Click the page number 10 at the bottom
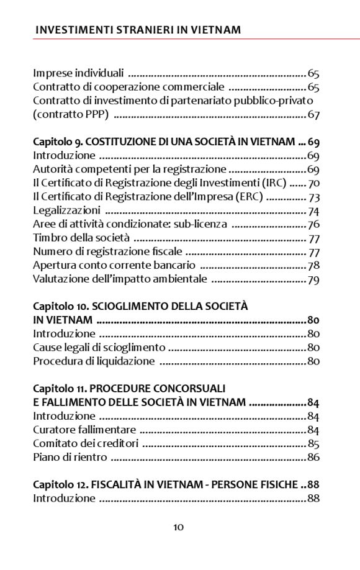tap(179, 527)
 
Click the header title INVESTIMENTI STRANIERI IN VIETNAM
tap(138, 29)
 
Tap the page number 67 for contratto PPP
tap(313, 115)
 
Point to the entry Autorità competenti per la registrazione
tap(129, 169)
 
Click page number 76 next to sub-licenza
tap(313, 224)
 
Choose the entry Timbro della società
tap(81, 238)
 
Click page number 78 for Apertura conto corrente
tap(313, 265)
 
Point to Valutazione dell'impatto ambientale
tap(120, 279)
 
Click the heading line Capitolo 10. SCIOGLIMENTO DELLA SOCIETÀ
tap(140, 306)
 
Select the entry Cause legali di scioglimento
tap(99, 347)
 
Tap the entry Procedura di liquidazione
tap(94, 361)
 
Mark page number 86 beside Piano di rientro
tap(313, 458)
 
